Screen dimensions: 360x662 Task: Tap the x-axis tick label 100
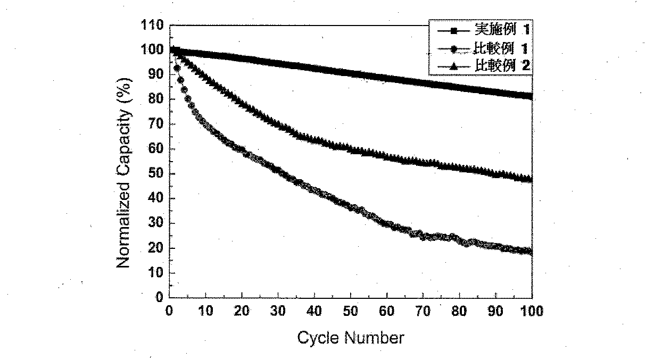(532, 312)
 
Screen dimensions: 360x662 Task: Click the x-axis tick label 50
(351, 312)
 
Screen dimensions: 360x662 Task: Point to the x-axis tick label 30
(278, 312)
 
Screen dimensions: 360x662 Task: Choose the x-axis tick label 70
(423, 312)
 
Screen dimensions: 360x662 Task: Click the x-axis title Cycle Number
(350, 338)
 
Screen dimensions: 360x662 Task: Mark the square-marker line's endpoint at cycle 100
(531, 96)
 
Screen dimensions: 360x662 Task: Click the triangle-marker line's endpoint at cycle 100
(531, 179)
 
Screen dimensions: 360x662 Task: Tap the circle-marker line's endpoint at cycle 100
(531, 252)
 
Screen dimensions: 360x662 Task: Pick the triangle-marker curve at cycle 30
(278, 124)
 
